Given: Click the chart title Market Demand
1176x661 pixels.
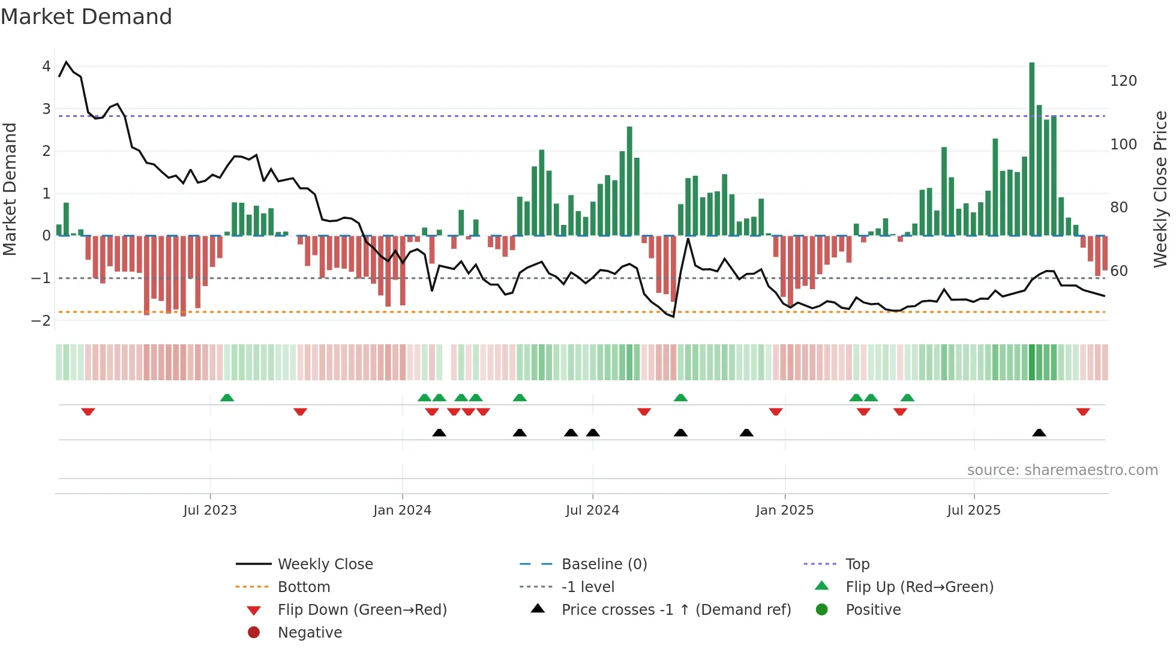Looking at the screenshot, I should click(86, 17).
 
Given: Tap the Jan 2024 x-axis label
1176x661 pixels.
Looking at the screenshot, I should click(402, 510).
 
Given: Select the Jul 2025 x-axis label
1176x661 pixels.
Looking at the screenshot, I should click(974, 510).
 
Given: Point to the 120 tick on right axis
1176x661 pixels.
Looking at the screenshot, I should click(1123, 81).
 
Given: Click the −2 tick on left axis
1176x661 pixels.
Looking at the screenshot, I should click(41, 320).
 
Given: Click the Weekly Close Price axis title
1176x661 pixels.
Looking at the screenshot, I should click(1160, 189).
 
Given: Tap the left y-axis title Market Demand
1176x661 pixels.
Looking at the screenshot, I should click(10, 189).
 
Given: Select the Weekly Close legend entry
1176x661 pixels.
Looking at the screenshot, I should click(325, 564).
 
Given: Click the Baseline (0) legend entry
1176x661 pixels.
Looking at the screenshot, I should click(604, 564).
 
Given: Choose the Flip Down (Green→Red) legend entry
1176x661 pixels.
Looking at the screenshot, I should click(362, 610).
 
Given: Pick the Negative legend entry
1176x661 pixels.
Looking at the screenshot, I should click(310, 633).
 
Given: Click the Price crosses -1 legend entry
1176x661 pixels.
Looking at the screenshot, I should click(676, 610).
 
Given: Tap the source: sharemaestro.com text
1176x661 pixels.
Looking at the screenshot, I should click(1062, 470).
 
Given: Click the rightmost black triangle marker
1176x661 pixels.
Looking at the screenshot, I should click(1039, 432).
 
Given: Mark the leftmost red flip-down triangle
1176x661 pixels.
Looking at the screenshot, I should click(88, 411).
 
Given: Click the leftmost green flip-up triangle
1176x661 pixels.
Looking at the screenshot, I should click(227, 398).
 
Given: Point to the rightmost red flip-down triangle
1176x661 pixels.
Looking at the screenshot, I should click(1083, 411).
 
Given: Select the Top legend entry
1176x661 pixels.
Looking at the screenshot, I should click(857, 564).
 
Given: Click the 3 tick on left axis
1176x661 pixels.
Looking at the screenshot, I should click(46, 109).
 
